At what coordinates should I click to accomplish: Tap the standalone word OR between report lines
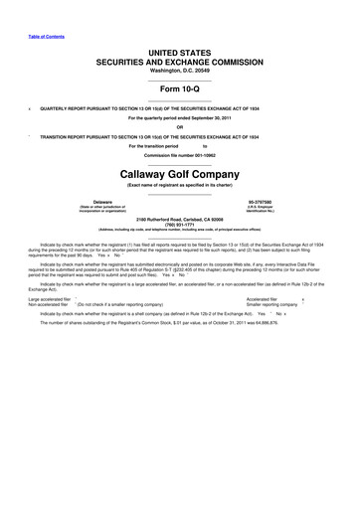coord(180,125)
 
